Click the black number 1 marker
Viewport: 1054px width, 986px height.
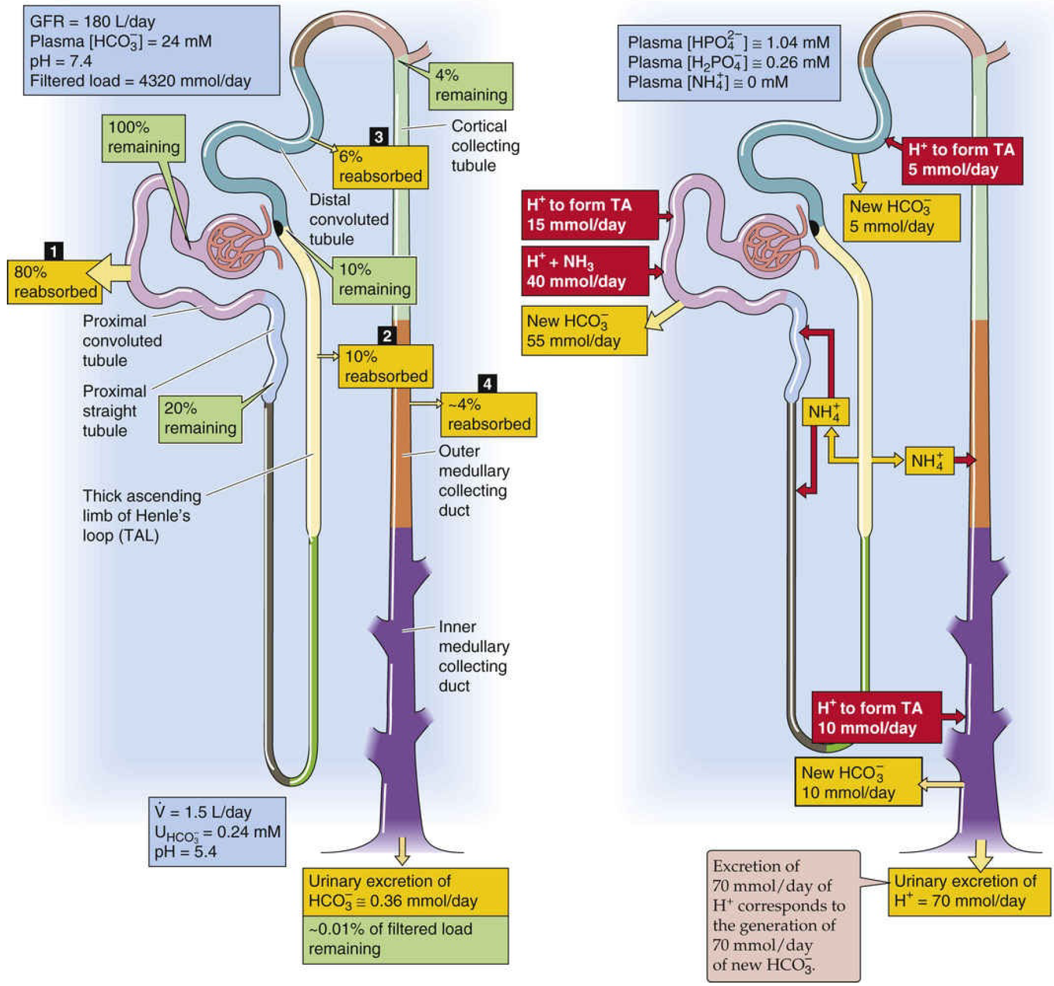(53, 251)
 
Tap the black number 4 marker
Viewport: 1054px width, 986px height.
(487, 383)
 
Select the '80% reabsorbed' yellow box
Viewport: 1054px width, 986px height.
(55, 282)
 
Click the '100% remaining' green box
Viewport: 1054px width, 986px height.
(143, 138)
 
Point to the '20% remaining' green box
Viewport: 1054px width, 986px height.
(200, 419)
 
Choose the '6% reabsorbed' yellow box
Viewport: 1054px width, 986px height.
(380, 166)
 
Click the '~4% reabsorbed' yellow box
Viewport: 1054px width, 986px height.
(488, 414)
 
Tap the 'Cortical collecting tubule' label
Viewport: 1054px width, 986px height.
(485, 146)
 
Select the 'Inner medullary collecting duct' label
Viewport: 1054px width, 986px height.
(473, 656)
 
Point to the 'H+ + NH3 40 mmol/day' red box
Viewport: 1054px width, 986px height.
(584, 271)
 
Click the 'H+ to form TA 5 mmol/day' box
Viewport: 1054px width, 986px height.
(961, 160)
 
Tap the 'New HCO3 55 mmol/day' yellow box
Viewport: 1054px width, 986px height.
(584, 330)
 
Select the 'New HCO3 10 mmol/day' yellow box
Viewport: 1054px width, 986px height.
(857, 782)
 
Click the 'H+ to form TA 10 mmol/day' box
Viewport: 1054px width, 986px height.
(876, 718)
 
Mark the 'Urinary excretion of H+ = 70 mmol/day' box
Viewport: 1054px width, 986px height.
(969, 891)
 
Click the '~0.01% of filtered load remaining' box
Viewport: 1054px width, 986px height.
(405, 938)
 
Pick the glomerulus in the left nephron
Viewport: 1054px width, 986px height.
(236, 245)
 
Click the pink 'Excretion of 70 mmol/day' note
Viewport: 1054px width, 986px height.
(783, 915)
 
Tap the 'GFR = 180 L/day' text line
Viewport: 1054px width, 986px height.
(92, 22)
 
